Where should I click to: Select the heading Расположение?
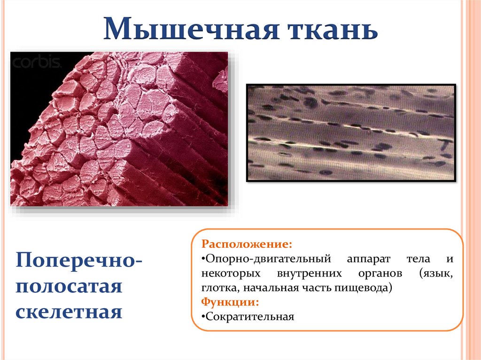click(247, 245)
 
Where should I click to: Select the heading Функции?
click(230, 302)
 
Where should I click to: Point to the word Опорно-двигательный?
click(268, 259)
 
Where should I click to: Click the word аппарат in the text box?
click(369, 260)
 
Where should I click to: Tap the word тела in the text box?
click(419, 259)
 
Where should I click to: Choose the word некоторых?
click(231, 274)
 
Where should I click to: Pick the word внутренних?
click(309, 274)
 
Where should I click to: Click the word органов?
click(380, 274)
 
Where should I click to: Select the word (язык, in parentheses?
click(436, 274)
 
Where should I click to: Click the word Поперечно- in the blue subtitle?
click(79, 260)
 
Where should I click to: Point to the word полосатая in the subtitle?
click(69, 286)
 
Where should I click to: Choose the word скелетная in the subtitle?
click(69, 312)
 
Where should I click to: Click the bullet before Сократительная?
click(203, 316)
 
